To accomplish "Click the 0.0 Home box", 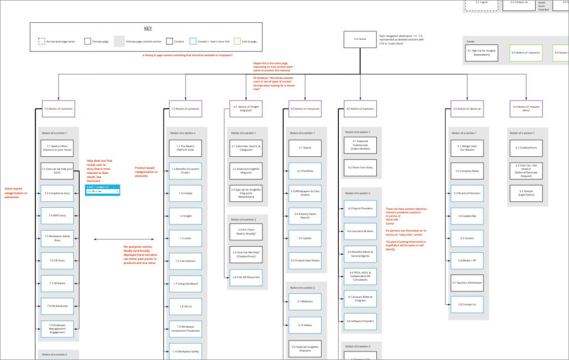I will click(x=360, y=39).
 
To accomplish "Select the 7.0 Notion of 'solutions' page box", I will click(x=58, y=109).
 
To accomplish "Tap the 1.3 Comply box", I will click(x=185, y=193).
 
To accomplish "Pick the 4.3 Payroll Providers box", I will click(x=360, y=209).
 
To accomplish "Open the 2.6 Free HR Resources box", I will click(x=246, y=277).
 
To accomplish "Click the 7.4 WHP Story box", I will click(x=57, y=216).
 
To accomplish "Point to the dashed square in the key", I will click(x=42, y=41).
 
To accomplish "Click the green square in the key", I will click(x=237, y=41).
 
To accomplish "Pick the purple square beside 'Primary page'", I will click(x=88, y=41).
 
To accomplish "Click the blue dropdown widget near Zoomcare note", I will click(x=102, y=189).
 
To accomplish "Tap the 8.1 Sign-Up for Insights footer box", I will click(x=481, y=53).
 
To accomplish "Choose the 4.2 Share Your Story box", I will click(x=360, y=167).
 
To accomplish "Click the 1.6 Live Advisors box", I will click(x=185, y=261).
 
